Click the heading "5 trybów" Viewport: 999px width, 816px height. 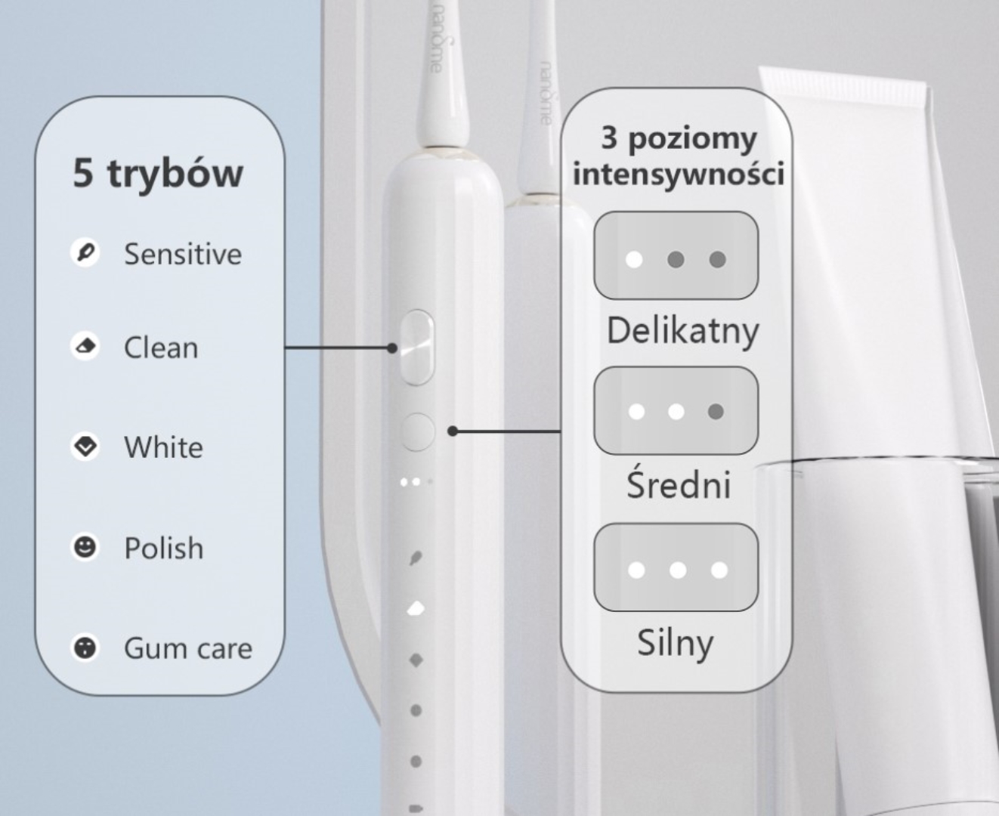point(158,173)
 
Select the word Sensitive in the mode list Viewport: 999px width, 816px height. point(183,254)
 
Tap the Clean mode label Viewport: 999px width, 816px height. point(161,348)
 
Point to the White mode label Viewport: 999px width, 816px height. point(163,447)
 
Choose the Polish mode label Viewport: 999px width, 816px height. point(164,548)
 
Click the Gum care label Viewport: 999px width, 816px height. point(188,648)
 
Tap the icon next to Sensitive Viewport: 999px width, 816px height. point(85,252)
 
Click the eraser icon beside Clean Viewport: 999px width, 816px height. point(85,346)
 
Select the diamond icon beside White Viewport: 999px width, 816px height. point(85,447)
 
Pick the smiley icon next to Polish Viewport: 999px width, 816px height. point(85,546)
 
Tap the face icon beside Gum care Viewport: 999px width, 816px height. point(85,647)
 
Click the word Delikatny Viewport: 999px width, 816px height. point(682,331)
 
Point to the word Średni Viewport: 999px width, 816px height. point(679,484)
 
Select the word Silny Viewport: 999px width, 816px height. point(675,643)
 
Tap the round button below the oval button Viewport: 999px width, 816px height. point(417,431)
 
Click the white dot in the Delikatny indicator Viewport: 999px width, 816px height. point(635,260)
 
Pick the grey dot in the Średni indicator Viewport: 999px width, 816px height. point(716,412)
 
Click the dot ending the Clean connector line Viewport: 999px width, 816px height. point(391,348)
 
